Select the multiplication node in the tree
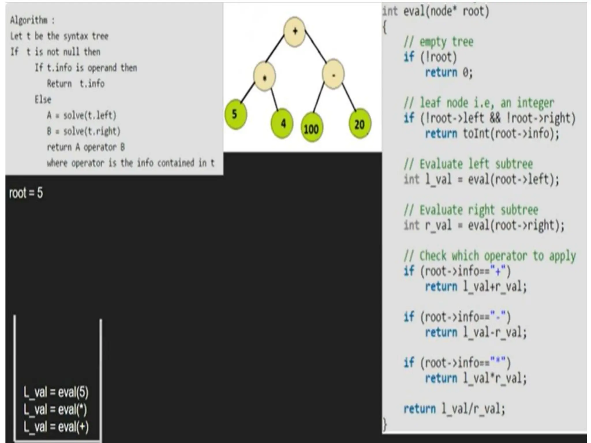pyautogui.click(x=264, y=76)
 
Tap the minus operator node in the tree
pyautogui.click(x=333, y=74)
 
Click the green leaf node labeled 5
pyautogui.click(x=235, y=114)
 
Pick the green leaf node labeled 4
pyautogui.click(x=282, y=123)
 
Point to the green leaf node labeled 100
pyautogui.click(x=311, y=129)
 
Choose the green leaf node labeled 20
pyautogui.click(x=359, y=124)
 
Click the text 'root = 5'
pyautogui.click(x=26, y=193)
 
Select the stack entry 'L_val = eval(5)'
pyautogui.click(x=56, y=392)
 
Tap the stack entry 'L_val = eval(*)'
pyautogui.click(x=55, y=410)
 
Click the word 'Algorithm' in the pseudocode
pyautogui.click(x=29, y=20)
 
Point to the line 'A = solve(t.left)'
pyautogui.click(x=82, y=115)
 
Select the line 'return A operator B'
pyautogui.click(x=86, y=147)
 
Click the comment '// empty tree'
pyautogui.click(x=438, y=42)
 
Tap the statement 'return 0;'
pyautogui.click(x=449, y=72)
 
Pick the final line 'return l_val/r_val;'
pyautogui.click(x=454, y=409)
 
